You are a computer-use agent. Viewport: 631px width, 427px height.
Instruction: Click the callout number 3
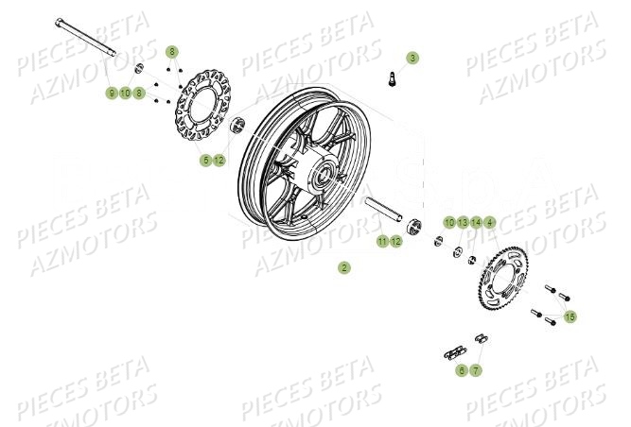412,58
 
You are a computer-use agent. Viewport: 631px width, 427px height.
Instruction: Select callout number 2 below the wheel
344,267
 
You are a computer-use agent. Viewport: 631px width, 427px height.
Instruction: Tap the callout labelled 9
112,94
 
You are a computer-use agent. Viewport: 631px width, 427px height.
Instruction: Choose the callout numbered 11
382,242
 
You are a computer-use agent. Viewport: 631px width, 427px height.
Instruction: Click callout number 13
463,222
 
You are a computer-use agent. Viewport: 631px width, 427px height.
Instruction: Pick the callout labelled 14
477,222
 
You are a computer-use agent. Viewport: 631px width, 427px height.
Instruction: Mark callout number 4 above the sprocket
490,222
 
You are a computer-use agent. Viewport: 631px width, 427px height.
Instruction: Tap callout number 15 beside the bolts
570,317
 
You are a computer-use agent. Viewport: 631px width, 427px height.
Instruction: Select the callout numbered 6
462,370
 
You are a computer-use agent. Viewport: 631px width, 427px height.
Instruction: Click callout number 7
476,370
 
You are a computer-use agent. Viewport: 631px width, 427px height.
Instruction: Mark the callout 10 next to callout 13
449,222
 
